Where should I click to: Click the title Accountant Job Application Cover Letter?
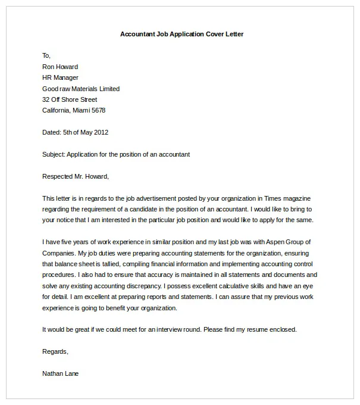[x=181, y=34]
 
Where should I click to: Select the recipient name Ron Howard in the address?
[x=60, y=67]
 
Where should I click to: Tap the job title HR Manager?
[x=60, y=77]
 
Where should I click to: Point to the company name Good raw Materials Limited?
[x=81, y=89]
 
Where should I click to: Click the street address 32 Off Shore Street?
[x=70, y=99]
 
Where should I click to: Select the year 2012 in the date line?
[x=100, y=132]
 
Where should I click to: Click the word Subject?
[x=54, y=154]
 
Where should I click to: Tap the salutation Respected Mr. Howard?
[x=76, y=176]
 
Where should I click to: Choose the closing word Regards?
[x=55, y=351]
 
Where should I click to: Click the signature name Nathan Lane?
[x=60, y=373]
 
